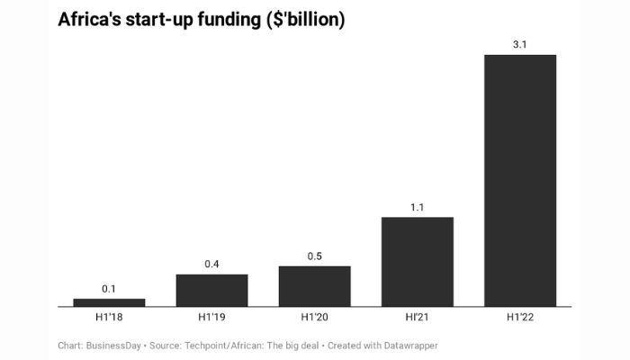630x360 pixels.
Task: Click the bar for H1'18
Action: click(109, 302)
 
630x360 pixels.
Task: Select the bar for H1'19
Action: click(211, 291)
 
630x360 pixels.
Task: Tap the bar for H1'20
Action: click(314, 286)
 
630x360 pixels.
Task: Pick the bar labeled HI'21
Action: click(417, 262)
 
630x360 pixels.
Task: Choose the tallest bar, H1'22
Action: click(520, 181)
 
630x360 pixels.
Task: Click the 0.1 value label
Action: click(109, 289)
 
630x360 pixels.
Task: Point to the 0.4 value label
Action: click(211, 265)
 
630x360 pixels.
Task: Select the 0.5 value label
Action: click(314, 256)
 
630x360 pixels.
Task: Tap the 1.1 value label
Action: click(417, 207)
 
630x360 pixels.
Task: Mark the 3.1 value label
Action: click(520, 45)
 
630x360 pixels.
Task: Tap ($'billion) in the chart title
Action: click(301, 20)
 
